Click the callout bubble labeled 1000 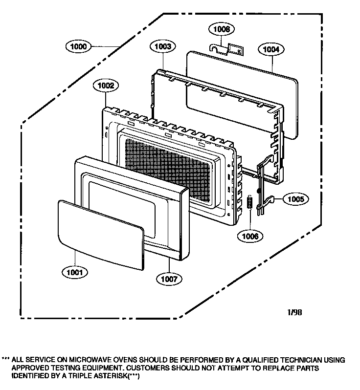pos(78,46)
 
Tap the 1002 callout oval pos(106,86)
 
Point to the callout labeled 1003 pos(162,46)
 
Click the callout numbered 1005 pos(295,199)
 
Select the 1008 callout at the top pos(222,29)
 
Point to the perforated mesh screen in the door pos(169,171)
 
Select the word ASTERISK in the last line pos(111,375)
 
